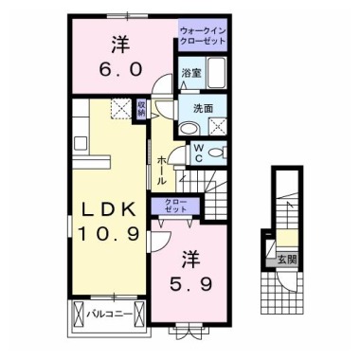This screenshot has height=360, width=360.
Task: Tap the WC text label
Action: coord(199,153)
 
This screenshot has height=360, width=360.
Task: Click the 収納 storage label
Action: coord(141,110)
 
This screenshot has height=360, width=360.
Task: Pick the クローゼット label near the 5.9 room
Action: coord(176,207)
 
